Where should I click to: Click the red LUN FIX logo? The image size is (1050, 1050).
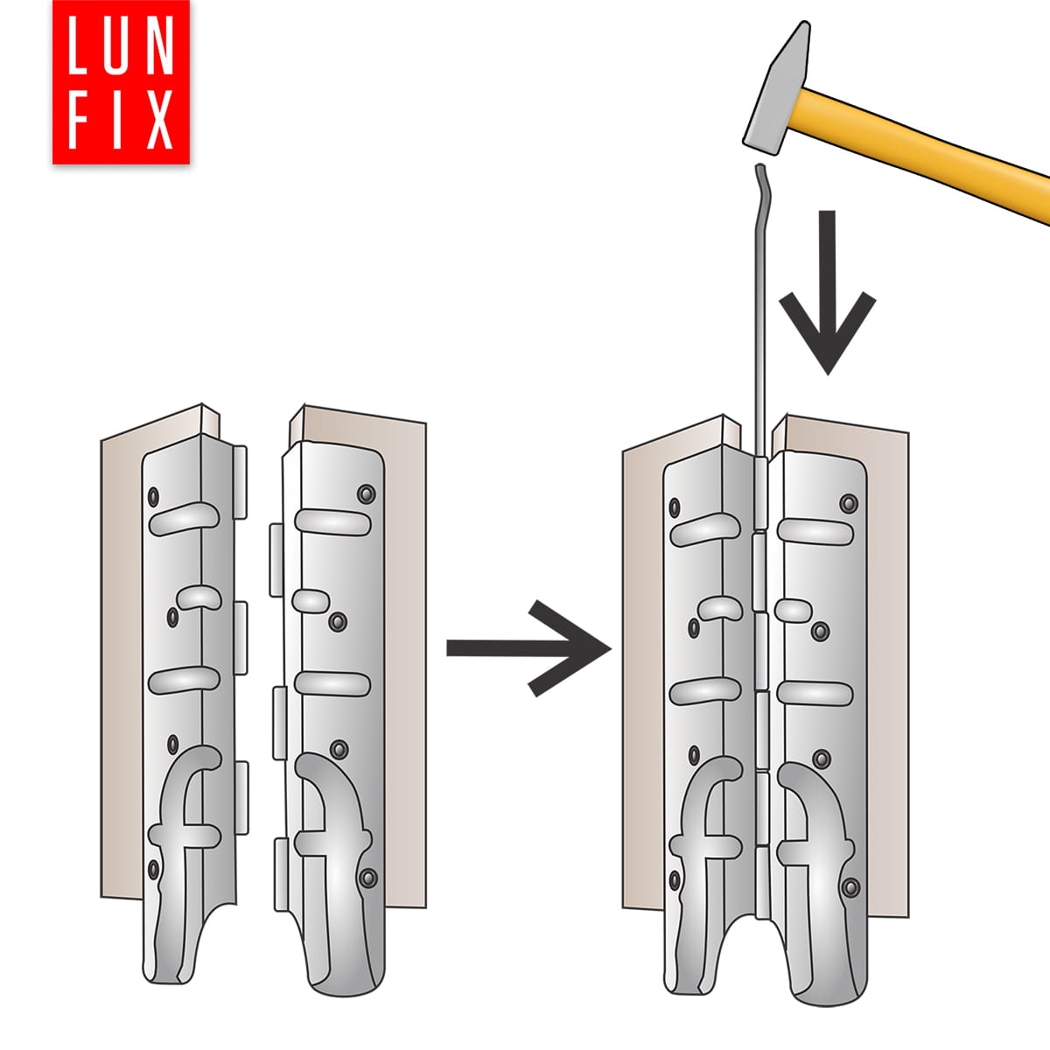point(121,81)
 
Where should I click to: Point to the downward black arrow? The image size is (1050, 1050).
point(828,292)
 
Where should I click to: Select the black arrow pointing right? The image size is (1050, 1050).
point(528,648)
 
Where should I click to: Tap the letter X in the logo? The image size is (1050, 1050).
point(159,121)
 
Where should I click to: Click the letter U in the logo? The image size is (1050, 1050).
point(115,45)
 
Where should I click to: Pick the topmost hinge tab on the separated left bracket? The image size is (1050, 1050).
point(241,482)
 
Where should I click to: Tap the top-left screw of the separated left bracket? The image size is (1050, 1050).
point(153,496)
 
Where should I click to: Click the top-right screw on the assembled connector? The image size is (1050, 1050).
point(849,503)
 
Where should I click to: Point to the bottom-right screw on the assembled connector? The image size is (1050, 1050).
point(850,887)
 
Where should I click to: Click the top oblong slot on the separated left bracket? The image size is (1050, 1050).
point(184,519)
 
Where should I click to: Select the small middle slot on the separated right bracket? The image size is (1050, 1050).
point(311,601)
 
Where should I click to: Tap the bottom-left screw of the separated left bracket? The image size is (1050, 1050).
point(154,870)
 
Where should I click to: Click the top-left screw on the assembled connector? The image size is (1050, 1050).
point(675,507)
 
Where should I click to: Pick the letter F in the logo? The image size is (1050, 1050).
point(77,121)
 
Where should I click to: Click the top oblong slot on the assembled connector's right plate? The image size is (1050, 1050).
point(815,532)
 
